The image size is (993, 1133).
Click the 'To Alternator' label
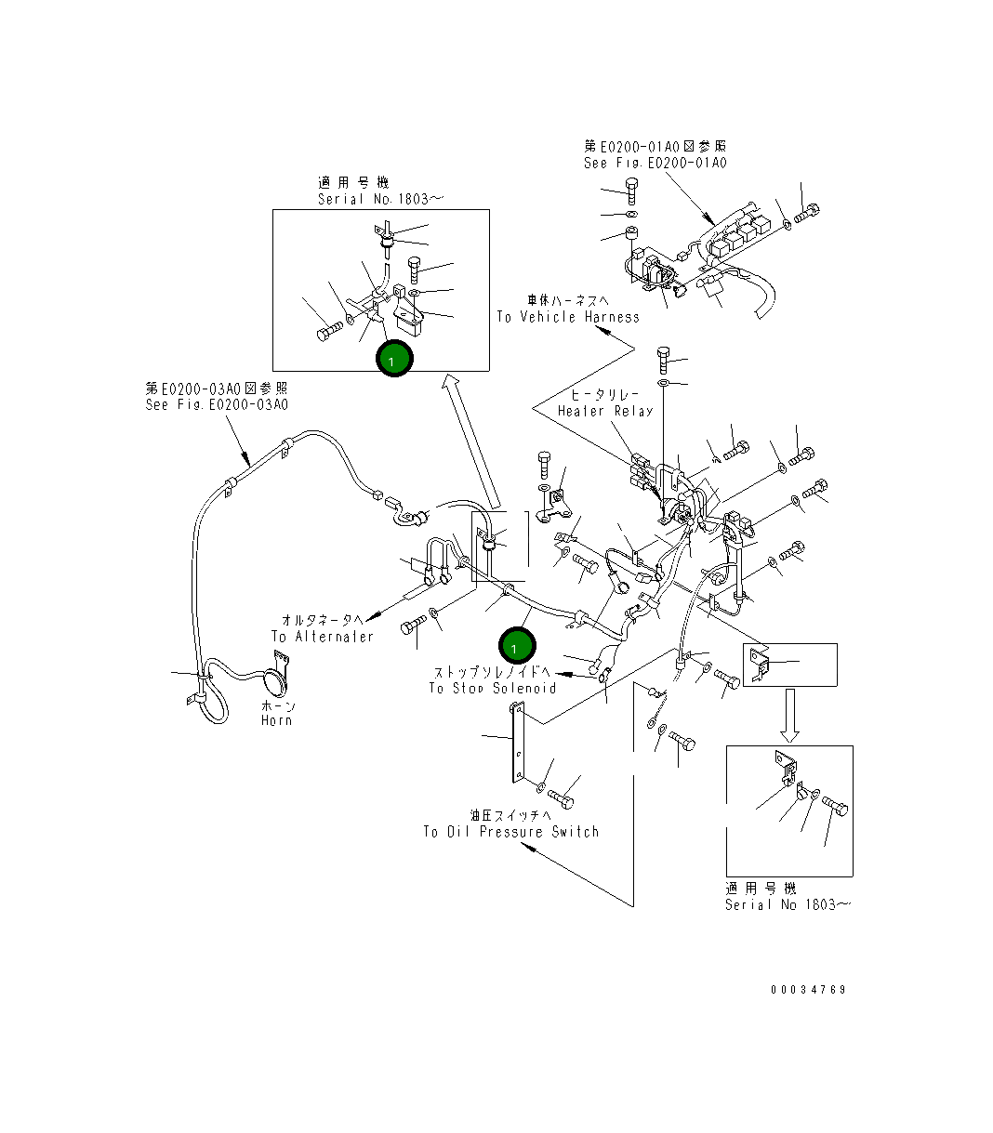pos(322,637)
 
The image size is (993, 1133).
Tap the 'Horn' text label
pos(276,720)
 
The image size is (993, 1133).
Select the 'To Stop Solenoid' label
pos(492,688)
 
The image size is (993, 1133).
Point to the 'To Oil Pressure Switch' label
pos(510,832)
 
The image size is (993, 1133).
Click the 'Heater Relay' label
pos(605,411)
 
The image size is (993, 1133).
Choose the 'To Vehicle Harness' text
pos(567,317)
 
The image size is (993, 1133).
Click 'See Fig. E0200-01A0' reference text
pos(655,163)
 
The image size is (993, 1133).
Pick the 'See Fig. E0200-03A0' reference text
pos(217,404)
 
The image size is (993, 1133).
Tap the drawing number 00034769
pos(808,990)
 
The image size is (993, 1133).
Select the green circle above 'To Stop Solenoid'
pos(516,645)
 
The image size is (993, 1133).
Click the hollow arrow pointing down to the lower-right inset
pos(788,716)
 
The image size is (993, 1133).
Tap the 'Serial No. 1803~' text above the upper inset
pos(381,199)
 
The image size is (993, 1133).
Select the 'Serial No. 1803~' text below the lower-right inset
pos(787,904)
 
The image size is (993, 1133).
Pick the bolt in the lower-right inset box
pos(835,808)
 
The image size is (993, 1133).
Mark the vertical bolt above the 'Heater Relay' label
pos(664,358)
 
